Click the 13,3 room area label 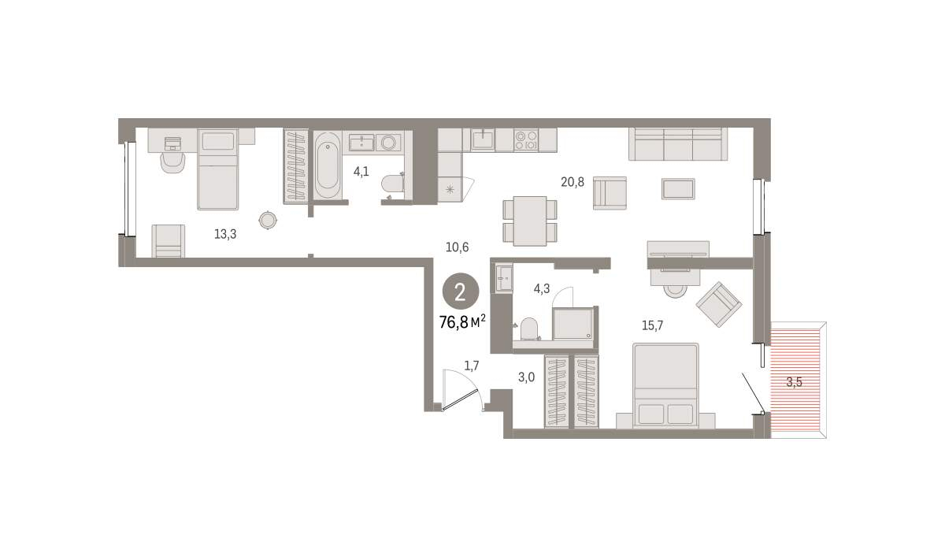tap(225, 234)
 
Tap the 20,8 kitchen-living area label tap(573, 182)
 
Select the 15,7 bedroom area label tap(652, 325)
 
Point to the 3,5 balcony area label tap(794, 382)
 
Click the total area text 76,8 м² tap(462, 322)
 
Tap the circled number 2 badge tap(460, 291)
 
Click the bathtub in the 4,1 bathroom tap(328, 165)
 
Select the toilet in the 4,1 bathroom tap(393, 184)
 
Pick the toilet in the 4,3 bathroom tap(529, 329)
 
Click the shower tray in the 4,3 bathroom tap(573, 324)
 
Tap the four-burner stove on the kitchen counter tap(527, 140)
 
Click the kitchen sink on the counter tap(483, 139)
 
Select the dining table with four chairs tap(530, 221)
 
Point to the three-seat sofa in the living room tap(678, 144)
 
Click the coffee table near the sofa tap(678, 188)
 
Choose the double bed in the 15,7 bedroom tap(665, 385)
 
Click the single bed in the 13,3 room tap(217, 169)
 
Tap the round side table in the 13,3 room tap(268, 220)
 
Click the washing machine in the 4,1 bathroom tap(388, 143)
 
